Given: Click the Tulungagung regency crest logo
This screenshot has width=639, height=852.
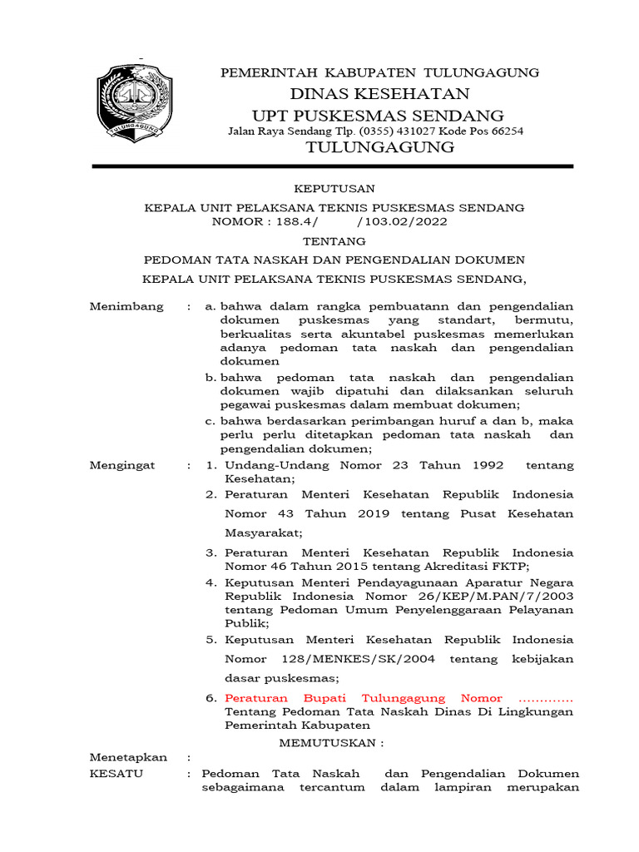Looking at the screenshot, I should (134, 101).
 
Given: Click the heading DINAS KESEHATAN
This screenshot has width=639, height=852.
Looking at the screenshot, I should (379, 93).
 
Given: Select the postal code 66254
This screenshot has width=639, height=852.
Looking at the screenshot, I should (505, 131).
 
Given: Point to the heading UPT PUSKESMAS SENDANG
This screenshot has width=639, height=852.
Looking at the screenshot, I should (379, 115).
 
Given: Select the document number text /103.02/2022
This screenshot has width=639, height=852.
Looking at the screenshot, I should (402, 222).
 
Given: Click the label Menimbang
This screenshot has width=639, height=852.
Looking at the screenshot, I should (126, 307).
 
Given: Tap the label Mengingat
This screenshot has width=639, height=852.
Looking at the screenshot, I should (122, 465).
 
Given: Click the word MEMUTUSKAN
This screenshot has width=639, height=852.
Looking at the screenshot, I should (331, 741).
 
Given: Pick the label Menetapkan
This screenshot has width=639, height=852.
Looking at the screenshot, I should (128, 757).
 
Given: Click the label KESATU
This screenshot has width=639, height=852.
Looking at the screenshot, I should (116, 773).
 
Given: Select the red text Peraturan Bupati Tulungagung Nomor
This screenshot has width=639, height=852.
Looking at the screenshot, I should (364, 698).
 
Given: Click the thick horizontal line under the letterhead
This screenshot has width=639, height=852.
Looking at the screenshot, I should (332, 167).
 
